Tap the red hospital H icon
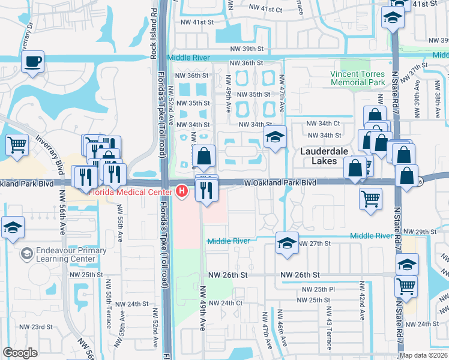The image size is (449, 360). pos(181,191)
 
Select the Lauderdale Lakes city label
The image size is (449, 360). pos(324,157)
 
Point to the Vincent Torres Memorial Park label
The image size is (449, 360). pos(358,78)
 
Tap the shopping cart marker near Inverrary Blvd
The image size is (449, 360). pos(17,144)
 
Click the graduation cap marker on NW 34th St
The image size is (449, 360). pos(275,137)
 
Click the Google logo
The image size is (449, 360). pos(20,353)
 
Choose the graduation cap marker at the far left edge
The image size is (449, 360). pos(13,228)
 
